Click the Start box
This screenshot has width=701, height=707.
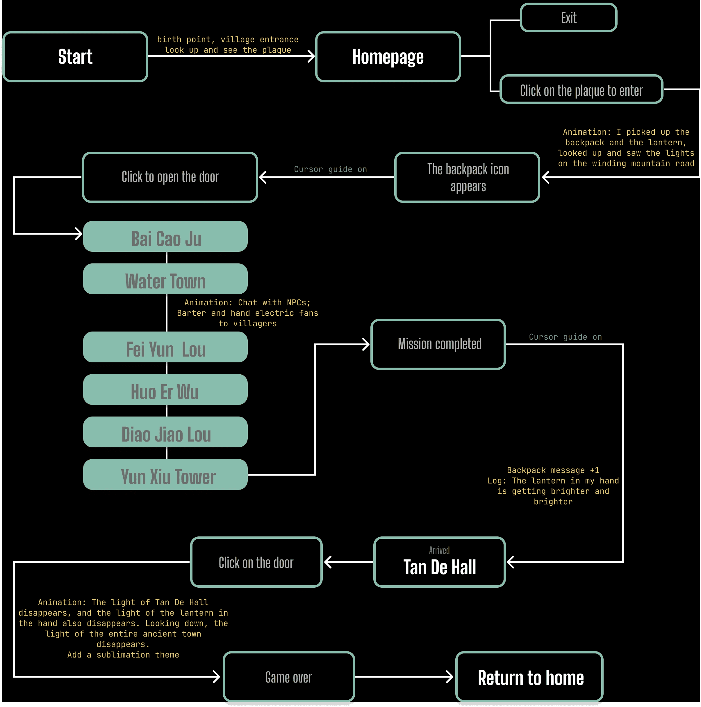point(75,57)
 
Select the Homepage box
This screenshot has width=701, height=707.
point(388,57)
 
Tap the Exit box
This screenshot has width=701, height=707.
point(568,17)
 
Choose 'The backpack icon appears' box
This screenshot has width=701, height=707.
point(467,178)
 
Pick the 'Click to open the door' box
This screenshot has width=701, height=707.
point(170,178)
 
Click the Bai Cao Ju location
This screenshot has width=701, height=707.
point(165,237)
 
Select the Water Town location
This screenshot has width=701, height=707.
point(165,279)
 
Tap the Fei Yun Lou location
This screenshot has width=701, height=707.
point(165,347)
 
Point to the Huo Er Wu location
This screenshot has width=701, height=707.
point(165,390)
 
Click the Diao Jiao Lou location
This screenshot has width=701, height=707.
point(165,432)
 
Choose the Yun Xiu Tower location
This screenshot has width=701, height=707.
point(165,475)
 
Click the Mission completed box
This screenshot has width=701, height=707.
point(438,344)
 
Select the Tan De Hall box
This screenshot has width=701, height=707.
point(439,562)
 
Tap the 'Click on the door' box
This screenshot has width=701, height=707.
point(256,562)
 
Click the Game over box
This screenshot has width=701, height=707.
point(289,677)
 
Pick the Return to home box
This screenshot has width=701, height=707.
point(529,677)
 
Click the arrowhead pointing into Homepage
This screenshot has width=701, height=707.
point(311,56)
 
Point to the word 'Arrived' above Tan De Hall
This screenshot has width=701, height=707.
point(439,550)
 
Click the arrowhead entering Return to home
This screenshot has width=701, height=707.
point(450,677)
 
